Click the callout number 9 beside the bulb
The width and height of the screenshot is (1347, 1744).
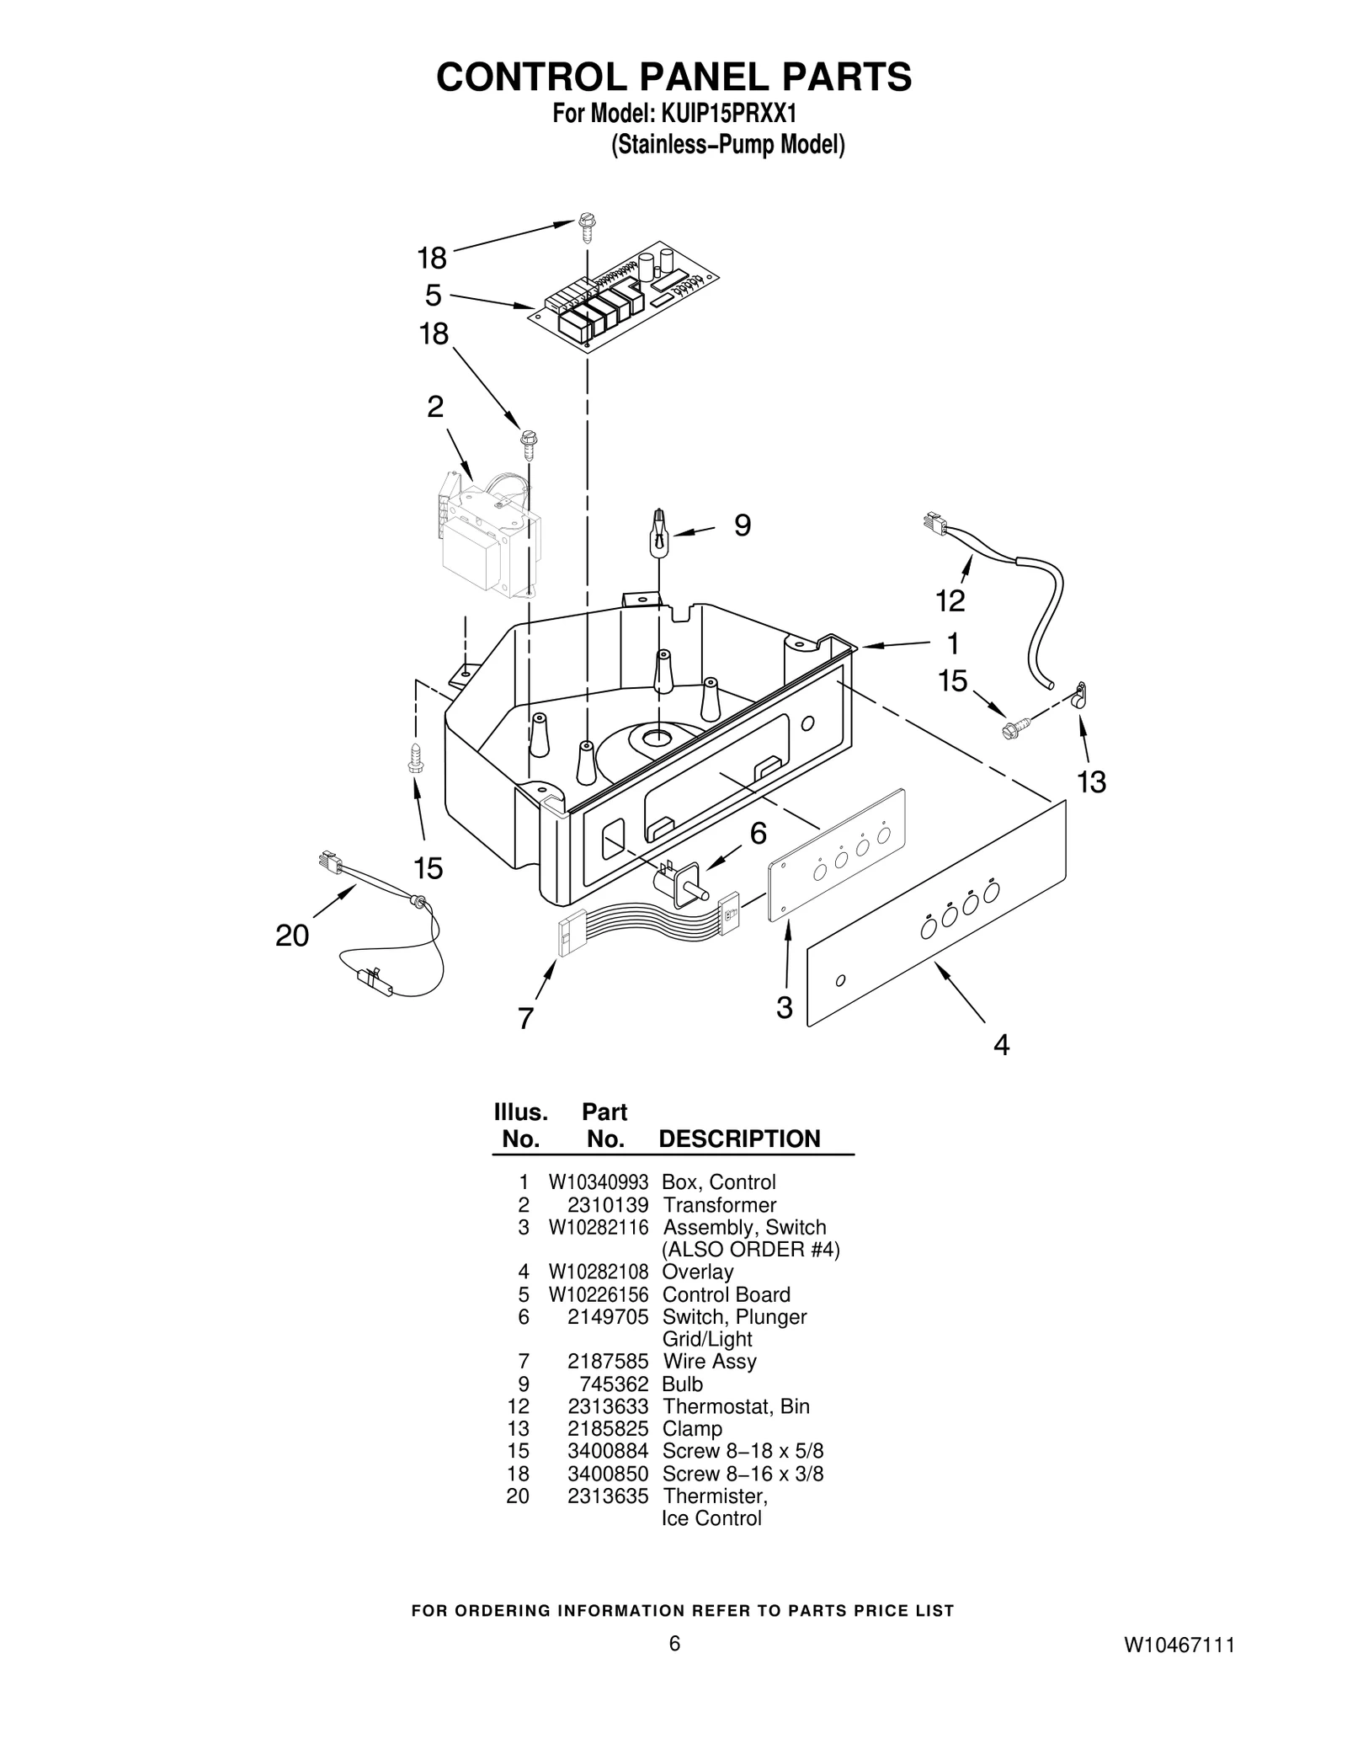pos(742,525)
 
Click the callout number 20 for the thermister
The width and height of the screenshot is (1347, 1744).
pos(292,936)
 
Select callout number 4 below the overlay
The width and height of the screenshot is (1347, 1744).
pos(1001,1045)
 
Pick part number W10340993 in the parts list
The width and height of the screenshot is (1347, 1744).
pos(599,1182)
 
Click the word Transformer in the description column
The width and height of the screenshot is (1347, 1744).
pos(719,1205)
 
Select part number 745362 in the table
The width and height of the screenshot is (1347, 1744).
pos(614,1384)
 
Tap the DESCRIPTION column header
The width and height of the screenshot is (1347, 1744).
pos(738,1139)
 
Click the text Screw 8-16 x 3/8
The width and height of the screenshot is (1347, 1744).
pos(743,1474)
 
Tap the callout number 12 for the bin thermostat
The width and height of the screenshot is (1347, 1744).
pos(950,600)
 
